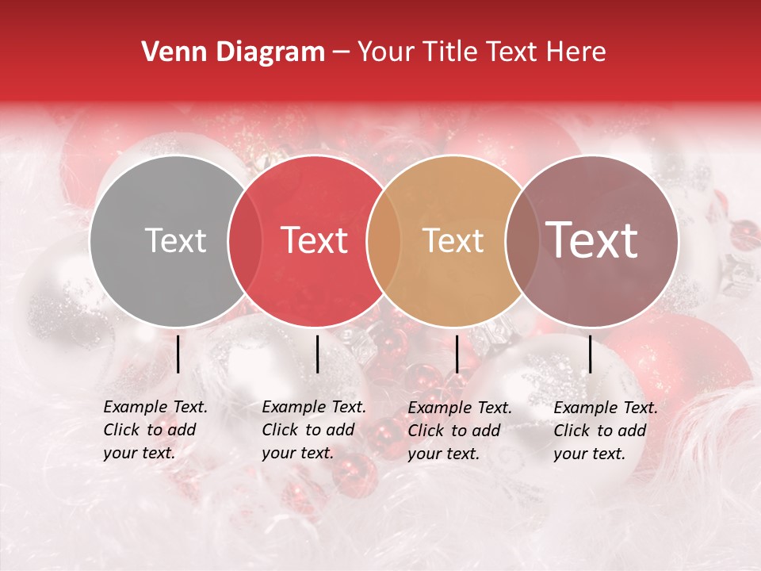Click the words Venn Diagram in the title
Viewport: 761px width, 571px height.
coord(233,52)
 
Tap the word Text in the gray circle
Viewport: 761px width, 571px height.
coord(175,240)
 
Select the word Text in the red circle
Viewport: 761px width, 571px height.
coord(315,240)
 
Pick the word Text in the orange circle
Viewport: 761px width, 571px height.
coord(453,240)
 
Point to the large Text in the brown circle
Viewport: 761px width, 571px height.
coord(592,240)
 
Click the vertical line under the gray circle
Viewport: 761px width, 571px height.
coord(178,354)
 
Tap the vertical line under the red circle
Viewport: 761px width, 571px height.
coord(317,354)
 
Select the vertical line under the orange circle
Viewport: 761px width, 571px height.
coord(457,354)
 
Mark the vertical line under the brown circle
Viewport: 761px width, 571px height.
coord(590,354)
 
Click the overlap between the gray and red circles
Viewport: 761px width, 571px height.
coord(245,240)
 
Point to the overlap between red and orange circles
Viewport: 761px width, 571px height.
coord(384,240)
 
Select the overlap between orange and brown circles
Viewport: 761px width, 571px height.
coord(522,240)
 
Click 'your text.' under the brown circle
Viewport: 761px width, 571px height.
coord(590,454)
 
